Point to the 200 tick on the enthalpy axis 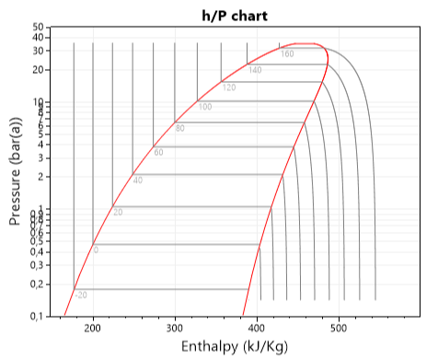tap(93, 327)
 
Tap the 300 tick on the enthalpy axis tap(175, 327)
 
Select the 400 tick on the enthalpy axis tap(257, 327)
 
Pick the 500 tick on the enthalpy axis tap(339, 327)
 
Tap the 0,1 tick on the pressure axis tap(37, 316)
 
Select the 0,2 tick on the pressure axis tap(37, 284)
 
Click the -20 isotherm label tap(81, 295)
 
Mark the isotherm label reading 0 tap(96, 250)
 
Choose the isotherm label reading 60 tap(158, 152)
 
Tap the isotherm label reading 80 tap(180, 128)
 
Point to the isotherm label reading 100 tap(204, 107)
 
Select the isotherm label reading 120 tap(229, 87)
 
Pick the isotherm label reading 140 tap(255, 70)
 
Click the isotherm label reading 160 tap(287, 54)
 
